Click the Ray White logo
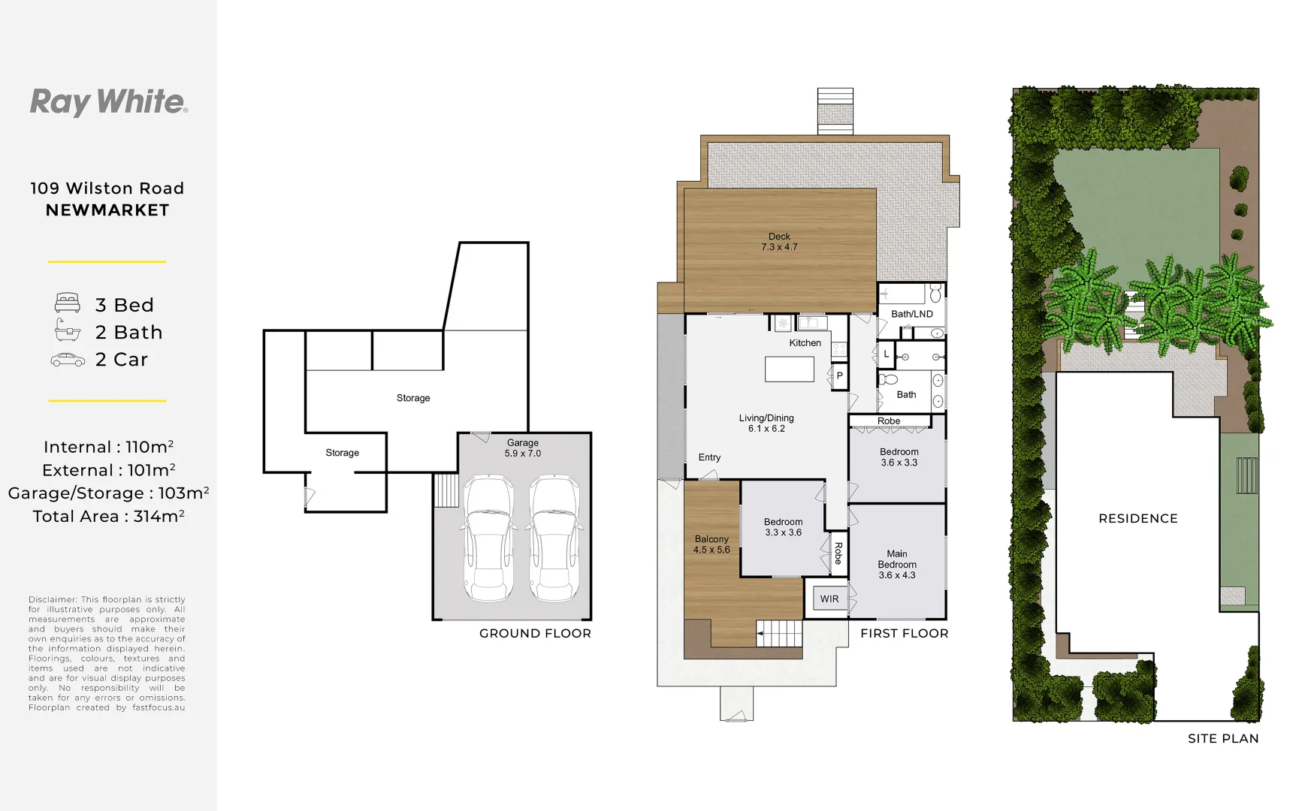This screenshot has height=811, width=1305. click(109, 102)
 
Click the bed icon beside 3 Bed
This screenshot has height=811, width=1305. click(68, 303)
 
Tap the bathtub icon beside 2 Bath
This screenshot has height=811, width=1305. click(68, 330)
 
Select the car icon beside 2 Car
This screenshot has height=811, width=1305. click(68, 360)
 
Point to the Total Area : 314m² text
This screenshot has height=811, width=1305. click(108, 516)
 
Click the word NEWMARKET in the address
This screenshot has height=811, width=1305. click(107, 210)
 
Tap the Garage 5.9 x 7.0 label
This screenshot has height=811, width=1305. click(523, 448)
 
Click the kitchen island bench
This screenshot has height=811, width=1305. click(789, 369)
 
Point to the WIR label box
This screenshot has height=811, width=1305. click(829, 598)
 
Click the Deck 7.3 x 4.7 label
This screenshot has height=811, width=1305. click(779, 242)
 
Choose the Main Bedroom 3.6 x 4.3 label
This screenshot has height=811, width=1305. click(897, 564)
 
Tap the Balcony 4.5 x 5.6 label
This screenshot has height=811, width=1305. click(711, 544)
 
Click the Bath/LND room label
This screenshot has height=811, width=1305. click(912, 314)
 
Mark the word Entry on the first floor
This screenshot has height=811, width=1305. click(709, 457)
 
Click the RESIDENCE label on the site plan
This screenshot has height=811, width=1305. click(1138, 518)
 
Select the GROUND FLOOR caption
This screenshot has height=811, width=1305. click(535, 633)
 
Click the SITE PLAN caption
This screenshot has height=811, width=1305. click(1223, 738)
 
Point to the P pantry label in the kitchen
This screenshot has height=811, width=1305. click(839, 375)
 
